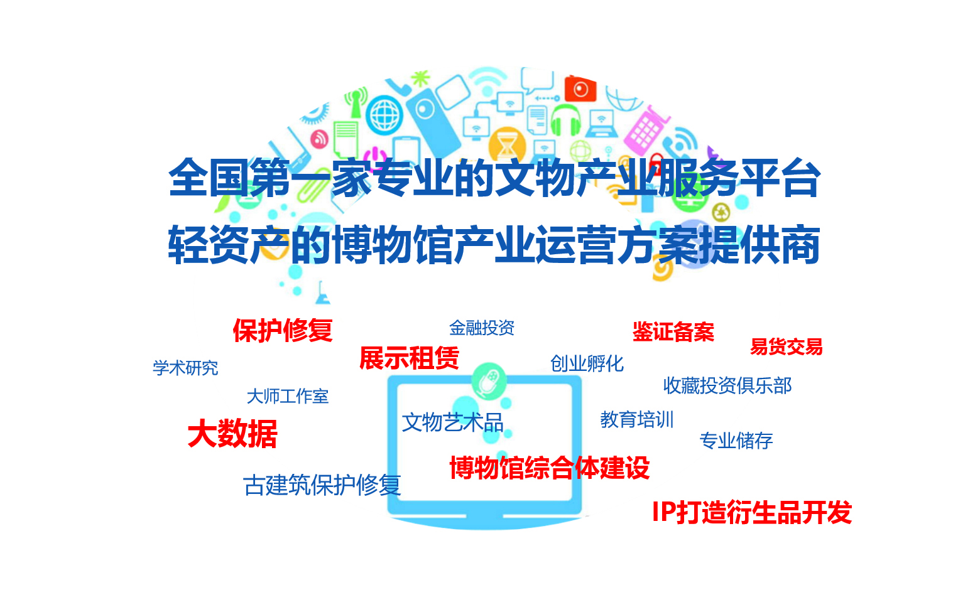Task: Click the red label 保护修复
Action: click(283, 330)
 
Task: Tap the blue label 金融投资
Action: click(482, 328)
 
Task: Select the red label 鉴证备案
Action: click(673, 332)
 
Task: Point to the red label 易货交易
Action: click(786, 346)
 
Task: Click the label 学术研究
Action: click(185, 368)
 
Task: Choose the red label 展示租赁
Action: click(409, 358)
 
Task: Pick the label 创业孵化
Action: click(587, 364)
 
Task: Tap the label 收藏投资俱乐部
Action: click(727, 385)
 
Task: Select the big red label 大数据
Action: click(232, 434)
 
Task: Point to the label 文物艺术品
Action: click(452, 423)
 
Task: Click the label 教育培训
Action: click(636, 420)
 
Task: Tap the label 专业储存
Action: click(736, 441)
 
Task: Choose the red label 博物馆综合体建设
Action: click(550, 468)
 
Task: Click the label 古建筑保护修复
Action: click(322, 485)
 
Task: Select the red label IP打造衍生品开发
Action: click(751, 512)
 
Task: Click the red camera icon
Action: click(580, 88)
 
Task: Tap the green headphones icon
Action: click(565, 119)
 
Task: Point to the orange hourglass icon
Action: click(507, 143)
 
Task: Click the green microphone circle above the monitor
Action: click(489, 380)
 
